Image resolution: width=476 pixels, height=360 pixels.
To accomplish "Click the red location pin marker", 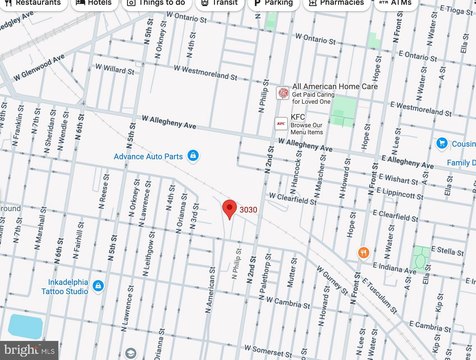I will pyautogui.click(x=229, y=209).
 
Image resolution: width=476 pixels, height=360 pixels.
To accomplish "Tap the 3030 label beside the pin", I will pyautogui.click(x=249, y=209).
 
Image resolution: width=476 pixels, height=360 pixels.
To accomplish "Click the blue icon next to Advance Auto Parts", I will pyautogui.click(x=194, y=154).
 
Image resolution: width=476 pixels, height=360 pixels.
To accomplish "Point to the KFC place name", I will pyautogui.click(x=298, y=117).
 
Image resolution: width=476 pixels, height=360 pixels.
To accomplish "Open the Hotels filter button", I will pyautogui.click(x=92, y=3).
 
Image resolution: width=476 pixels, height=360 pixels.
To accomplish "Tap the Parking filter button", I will pyautogui.click(x=273, y=3).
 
